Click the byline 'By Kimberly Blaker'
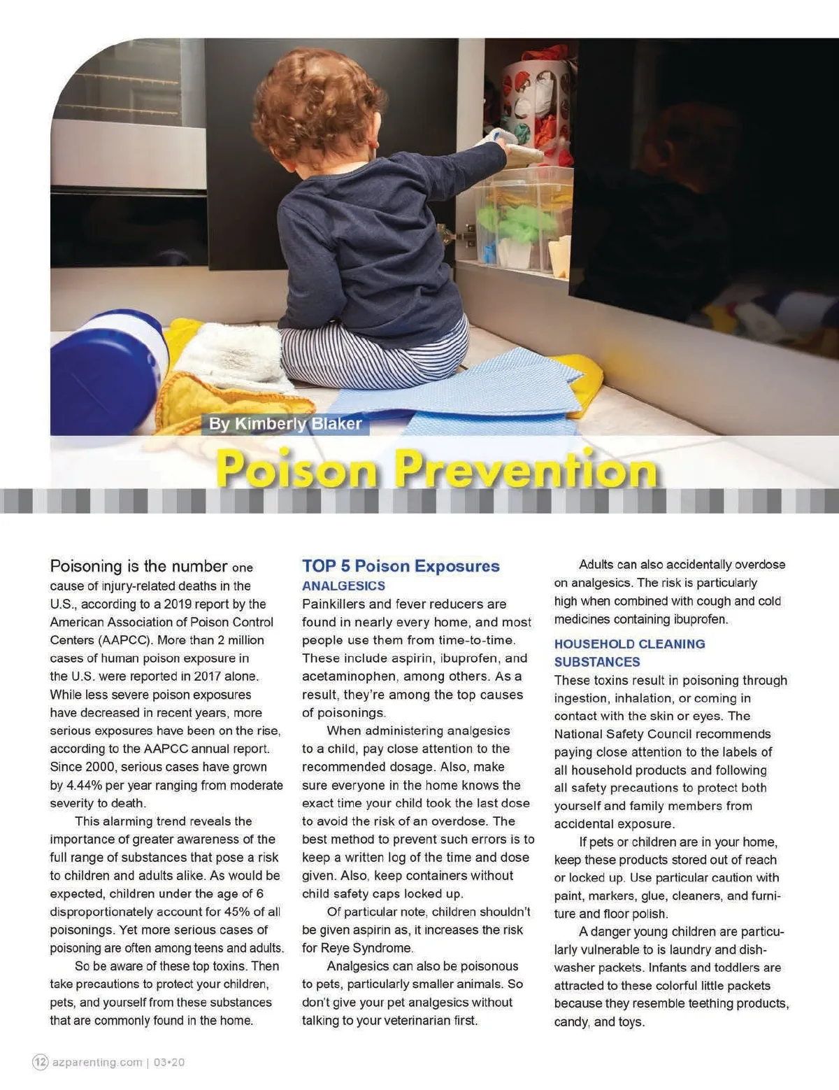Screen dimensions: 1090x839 (x=285, y=424)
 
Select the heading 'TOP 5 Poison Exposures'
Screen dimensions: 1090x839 (x=401, y=566)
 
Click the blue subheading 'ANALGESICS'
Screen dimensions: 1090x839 (x=343, y=586)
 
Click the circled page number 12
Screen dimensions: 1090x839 (x=41, y=1062)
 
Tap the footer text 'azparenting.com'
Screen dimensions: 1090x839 (x=97, y=1062)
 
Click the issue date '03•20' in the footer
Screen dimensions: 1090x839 (x=168, y=1062)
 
